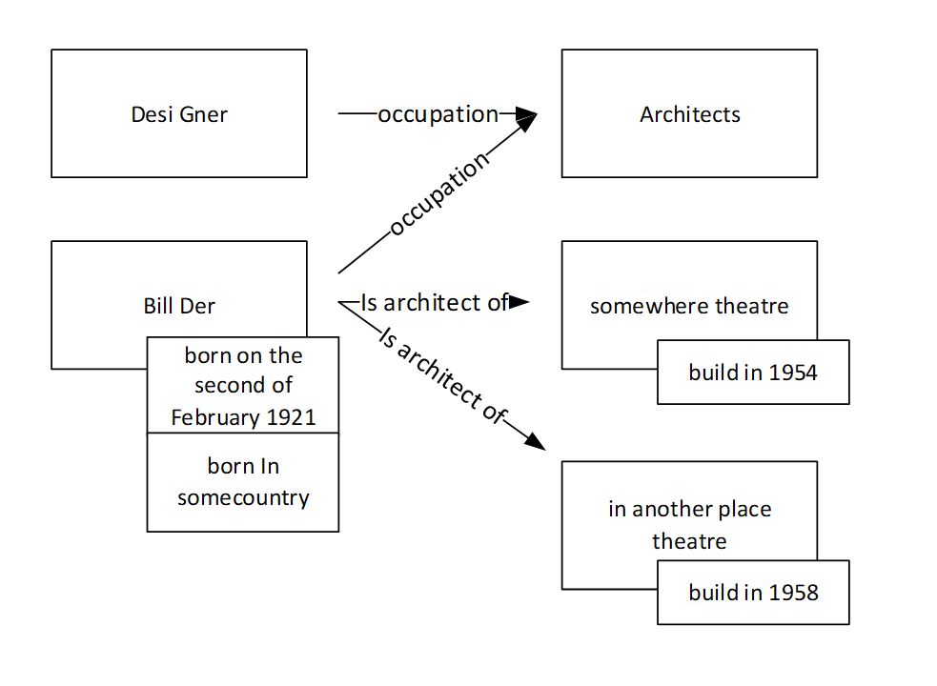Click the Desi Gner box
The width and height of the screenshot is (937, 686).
coord(179,113)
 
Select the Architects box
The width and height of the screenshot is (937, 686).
coord(689,113)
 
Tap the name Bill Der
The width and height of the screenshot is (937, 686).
coord(179,306)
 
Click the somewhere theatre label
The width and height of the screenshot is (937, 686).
coord(689,306)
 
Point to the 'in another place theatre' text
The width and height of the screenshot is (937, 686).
coord(689,525)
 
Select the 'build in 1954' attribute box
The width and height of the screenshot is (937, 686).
coord(753,372)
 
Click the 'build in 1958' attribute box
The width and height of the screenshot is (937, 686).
coord(753,593)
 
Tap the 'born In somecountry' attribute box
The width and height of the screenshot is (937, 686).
coord(243,482)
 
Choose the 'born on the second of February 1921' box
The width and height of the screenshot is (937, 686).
coord(243,386)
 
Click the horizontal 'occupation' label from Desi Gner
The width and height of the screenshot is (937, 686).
coord(438,114)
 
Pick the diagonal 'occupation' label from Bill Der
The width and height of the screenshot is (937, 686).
coord(439,195)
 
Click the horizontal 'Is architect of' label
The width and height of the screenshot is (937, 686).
coord(434,303)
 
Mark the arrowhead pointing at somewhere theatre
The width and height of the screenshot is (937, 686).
coord(519,303)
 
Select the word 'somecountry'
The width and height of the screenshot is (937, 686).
coord(243,497)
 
